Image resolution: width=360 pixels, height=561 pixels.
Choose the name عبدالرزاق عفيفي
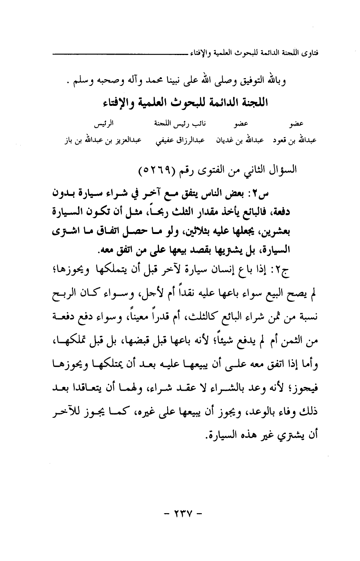[181, 141]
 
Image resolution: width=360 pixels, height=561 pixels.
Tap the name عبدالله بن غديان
[235, 141]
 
